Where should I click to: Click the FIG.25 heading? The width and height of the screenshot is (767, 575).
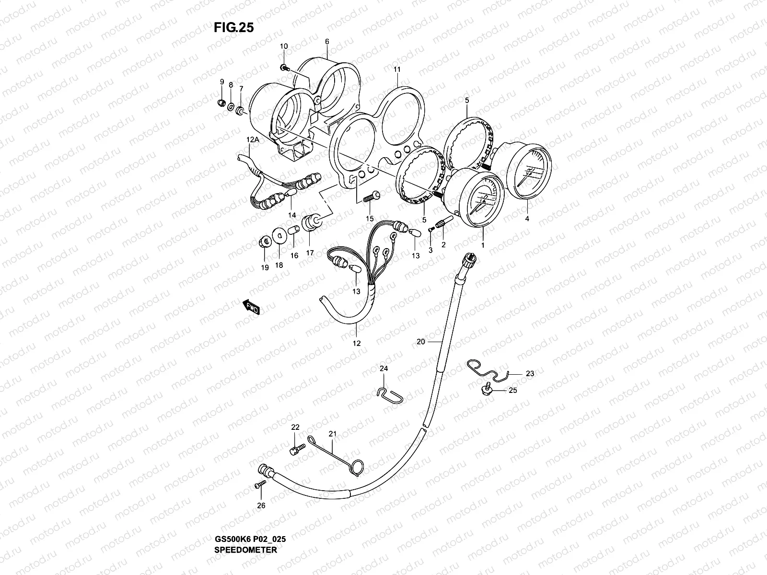(233, 28)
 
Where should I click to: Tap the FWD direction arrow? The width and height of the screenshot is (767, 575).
(251, 307)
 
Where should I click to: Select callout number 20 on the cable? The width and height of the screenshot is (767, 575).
(421, 342)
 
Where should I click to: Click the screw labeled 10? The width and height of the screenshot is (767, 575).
(284, 68)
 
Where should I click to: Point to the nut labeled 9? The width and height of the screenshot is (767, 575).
(221, 102)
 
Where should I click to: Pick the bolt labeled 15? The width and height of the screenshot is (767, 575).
(372, 196)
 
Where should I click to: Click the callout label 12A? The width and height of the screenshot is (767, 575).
(253, 139)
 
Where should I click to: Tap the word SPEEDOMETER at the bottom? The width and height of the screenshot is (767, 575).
(246, 523)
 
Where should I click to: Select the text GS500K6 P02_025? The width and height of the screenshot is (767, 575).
(251, 512)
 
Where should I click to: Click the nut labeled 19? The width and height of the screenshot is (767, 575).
(263, 241)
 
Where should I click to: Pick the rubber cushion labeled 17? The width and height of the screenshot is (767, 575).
(310, 223)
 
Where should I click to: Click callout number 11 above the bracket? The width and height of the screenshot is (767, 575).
(397, 69)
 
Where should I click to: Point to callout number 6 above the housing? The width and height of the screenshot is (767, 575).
(327, 42)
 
